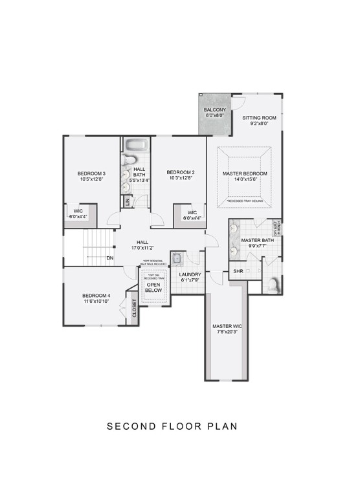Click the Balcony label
tap(215, 111)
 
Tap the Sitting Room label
tap(259, 118)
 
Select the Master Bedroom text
tap(245, 174)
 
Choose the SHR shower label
tap(238, 271)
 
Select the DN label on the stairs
tap(109, 258)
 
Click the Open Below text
tap(153, 287)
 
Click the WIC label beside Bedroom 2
tap(192, 213)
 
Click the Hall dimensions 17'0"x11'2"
tap(142, 247)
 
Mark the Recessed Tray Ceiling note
tap(245, 201)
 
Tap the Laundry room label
tap(190, 274)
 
